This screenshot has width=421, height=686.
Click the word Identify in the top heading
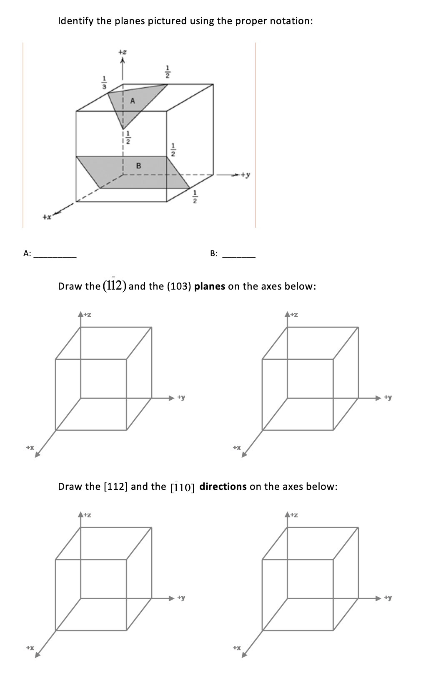point(76,21)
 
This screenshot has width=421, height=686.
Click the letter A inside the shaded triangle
point(133,101)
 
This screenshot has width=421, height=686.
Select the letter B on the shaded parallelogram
point(139,166)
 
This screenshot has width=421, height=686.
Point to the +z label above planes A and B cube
point(122,53)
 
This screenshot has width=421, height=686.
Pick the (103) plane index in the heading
point(178,286)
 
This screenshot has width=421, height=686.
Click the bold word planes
point(210,286)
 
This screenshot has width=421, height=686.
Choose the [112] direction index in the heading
point(115,487)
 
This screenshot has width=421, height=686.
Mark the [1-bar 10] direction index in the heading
point(183,487)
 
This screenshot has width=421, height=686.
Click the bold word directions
point(223,487)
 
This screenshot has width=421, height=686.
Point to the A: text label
point(27,253)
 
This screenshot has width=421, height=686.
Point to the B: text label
point(213,253)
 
